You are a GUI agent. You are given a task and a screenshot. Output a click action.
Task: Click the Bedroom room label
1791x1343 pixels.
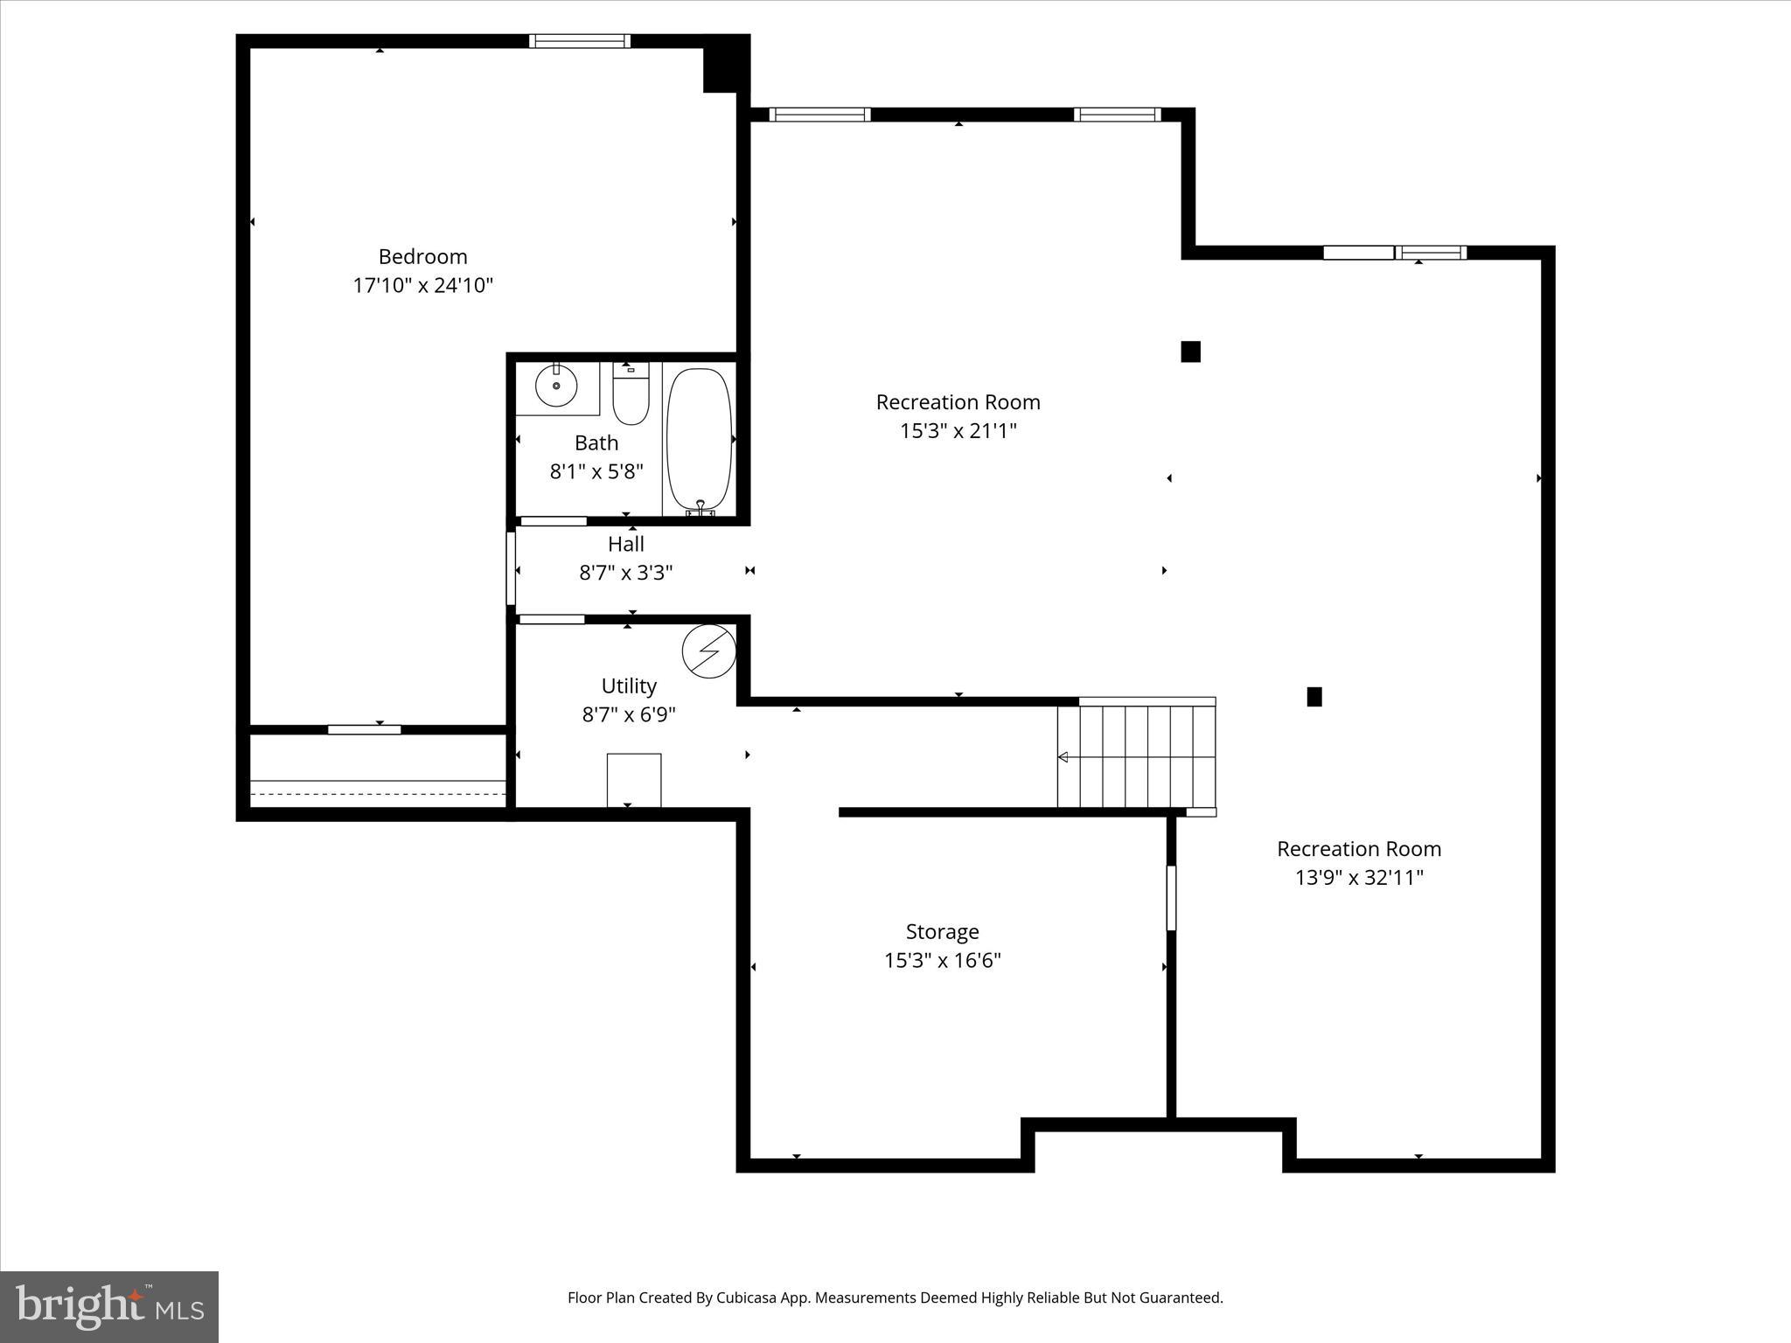(422, 256)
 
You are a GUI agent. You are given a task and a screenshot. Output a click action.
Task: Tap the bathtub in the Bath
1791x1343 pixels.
(699, 439)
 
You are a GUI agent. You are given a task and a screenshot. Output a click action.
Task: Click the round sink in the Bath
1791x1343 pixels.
(556, 386)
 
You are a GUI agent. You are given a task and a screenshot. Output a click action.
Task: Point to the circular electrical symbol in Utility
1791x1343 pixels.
(709, 651)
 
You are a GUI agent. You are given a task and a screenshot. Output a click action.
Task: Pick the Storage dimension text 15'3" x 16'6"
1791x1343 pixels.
(942, 960)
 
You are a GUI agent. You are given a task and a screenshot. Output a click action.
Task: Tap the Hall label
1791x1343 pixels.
(626, 544)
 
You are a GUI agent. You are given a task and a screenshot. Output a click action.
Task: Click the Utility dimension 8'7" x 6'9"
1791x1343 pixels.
(629, 714)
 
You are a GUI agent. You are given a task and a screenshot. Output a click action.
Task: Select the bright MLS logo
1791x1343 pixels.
(109, 1306)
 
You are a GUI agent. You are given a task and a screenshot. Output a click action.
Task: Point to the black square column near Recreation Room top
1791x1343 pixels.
(1190, 351)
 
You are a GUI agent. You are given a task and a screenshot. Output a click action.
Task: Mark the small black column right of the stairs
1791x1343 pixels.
(1314, 697)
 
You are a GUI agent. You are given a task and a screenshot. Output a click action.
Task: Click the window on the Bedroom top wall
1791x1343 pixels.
(579, 41)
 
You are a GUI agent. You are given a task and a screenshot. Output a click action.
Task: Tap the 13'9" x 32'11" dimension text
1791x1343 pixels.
(1359, 877)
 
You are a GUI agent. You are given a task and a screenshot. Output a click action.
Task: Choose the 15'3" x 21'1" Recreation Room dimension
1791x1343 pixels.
(958, 430)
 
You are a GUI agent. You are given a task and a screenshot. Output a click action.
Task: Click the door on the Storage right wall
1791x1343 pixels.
(1171, 898)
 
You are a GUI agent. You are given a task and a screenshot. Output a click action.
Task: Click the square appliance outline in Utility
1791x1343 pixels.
(634, 779)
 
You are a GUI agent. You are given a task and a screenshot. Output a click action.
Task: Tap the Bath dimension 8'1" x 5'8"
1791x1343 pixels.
(596, 471)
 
